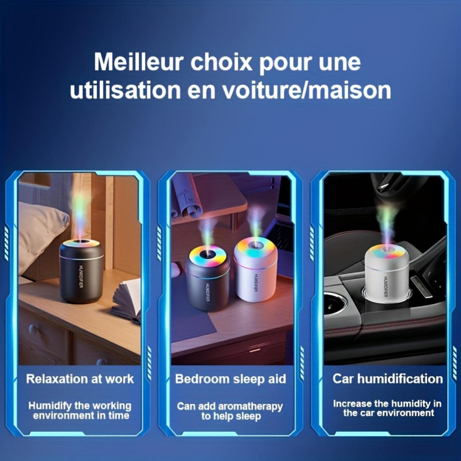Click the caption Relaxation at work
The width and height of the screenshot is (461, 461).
pos(80,379)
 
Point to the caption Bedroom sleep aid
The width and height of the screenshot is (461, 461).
pos(230,379)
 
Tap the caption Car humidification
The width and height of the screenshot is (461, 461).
pos(388,379)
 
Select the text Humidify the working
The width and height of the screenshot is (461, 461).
pos(80,406)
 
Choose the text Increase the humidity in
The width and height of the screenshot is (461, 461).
pos(387,404)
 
